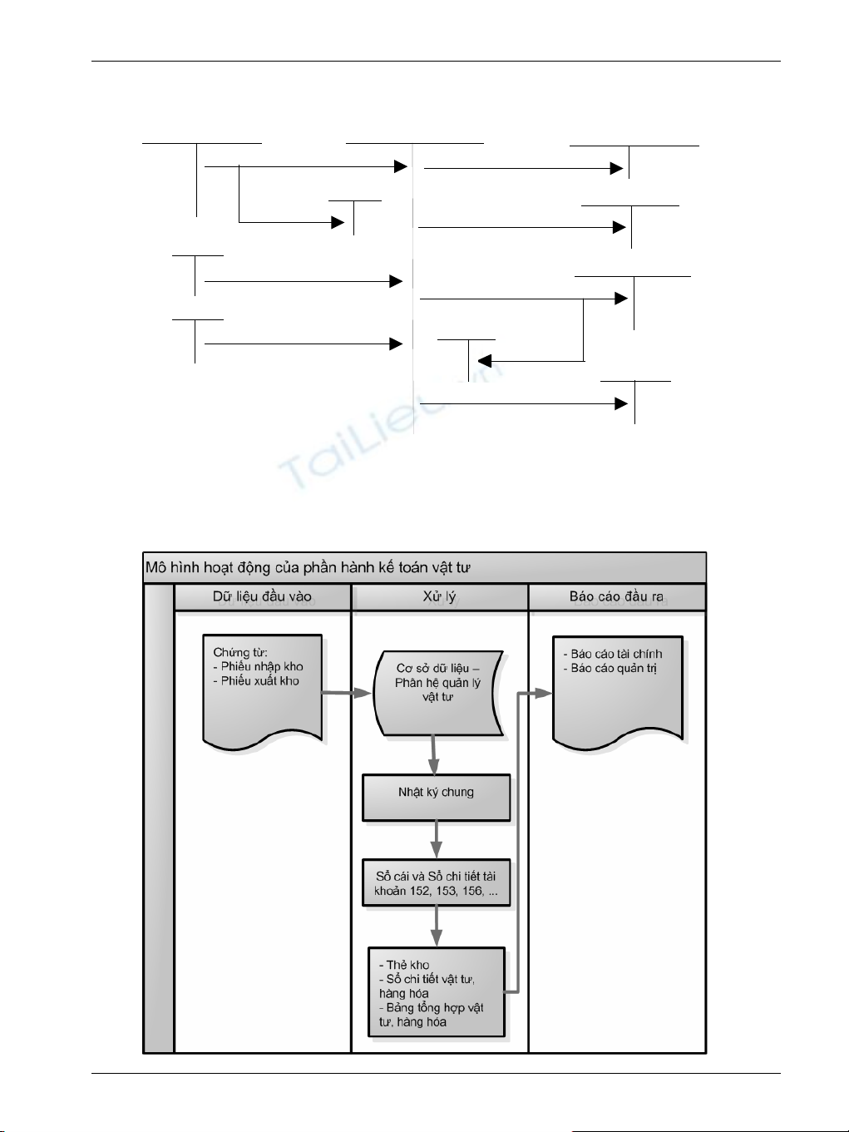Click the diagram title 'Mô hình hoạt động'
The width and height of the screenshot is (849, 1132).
[x=308, y=568]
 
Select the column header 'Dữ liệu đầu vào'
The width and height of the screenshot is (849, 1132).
[x=262, y=596]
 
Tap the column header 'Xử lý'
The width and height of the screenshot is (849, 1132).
[x=439, y=596]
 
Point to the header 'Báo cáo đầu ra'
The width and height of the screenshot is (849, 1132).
[x=616, y=596]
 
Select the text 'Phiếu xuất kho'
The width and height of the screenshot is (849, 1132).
[x=259, y=680]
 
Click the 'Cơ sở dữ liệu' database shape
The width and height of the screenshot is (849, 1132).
[x=438, y=692]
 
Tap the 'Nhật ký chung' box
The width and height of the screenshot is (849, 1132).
[x=436, y=797]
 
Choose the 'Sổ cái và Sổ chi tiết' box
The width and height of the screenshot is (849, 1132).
[x=436, y=883]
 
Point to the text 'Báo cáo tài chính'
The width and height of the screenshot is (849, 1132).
[x=616, y=654]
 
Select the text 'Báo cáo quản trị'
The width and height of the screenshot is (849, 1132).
[x=614, y=668]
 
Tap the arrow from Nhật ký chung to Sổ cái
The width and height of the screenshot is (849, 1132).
[x=436, y=841]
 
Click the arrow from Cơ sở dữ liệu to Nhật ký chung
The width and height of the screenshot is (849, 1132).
[x=433, y=755]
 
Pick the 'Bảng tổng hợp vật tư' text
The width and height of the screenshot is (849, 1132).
[x=431, y=1015]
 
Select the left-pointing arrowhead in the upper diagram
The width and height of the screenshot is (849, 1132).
[x=484, y=361]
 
